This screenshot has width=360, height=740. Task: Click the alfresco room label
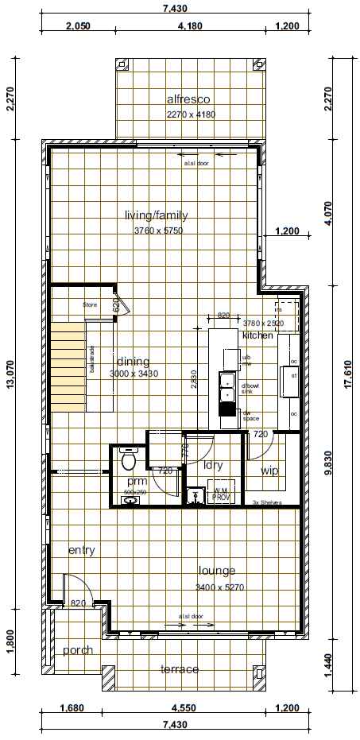coord(188,99)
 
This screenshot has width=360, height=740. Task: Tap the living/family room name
coord(156,215)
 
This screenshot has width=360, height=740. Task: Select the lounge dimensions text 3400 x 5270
coord(217,587)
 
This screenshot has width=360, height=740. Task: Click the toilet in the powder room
coord(129,459)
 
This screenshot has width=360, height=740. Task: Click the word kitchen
coord(257,335)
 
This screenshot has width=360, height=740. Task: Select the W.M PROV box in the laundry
coord(219,494)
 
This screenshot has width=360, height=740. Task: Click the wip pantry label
coord(269,471)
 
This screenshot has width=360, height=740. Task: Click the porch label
coord(78,650)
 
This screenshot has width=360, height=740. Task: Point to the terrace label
coord(180,669)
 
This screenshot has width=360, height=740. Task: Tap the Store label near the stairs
coord(91,304)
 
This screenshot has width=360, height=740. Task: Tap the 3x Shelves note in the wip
coord(268,503)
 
